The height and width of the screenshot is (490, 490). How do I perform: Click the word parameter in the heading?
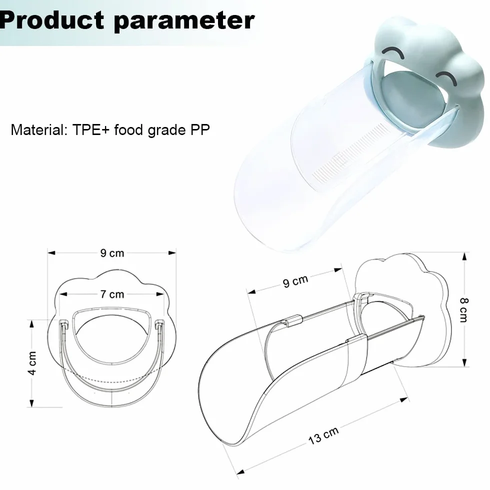184,21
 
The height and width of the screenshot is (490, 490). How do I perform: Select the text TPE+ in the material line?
90,129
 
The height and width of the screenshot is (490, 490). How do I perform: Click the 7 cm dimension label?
112,294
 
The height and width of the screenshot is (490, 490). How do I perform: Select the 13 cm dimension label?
323,435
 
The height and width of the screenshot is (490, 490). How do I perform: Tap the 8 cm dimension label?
464,310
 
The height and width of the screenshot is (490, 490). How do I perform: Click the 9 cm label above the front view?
112,253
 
